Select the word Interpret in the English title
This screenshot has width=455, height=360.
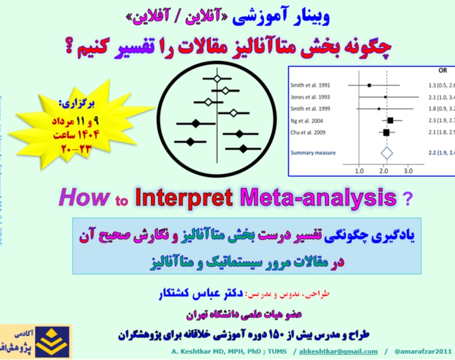point(182,196)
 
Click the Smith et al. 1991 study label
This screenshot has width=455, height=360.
point(310,85)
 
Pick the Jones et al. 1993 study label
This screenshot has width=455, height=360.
point(310,97)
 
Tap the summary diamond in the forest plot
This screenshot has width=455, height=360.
point(386,151)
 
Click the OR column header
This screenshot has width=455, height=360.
point(442,71)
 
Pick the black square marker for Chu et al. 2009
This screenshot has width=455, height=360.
point(386,132)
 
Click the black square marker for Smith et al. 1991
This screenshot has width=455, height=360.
point(369,85)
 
